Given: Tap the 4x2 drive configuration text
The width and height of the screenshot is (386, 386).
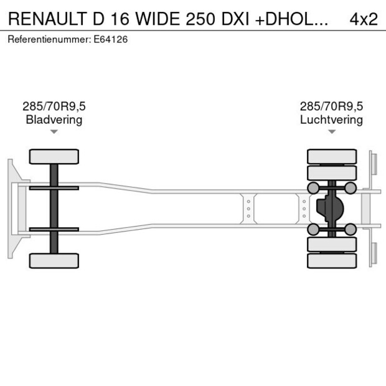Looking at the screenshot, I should [364, 19].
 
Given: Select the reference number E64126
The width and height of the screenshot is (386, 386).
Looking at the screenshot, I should [112, 40].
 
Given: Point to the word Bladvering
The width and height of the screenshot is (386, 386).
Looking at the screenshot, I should [54, 120].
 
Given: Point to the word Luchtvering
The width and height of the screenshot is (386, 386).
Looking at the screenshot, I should [331, 120].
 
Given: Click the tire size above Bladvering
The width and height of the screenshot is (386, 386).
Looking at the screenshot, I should [54, 106].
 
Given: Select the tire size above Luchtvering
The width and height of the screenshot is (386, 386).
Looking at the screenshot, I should [331, 106].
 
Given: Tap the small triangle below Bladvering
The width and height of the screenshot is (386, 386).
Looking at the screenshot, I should [54, 131].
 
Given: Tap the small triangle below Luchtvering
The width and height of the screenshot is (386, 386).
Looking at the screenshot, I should [332, 131].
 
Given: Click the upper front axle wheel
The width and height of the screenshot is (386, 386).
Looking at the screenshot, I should [54, 156].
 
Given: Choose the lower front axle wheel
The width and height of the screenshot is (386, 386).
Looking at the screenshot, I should [54, 260].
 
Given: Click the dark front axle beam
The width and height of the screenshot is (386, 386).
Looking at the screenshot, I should [54, 209].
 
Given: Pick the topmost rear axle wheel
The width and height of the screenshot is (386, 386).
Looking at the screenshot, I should [332, 156].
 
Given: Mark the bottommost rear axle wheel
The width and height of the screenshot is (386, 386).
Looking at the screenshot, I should [332, 261].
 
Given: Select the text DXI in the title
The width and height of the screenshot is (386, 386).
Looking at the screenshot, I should [237, 19].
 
